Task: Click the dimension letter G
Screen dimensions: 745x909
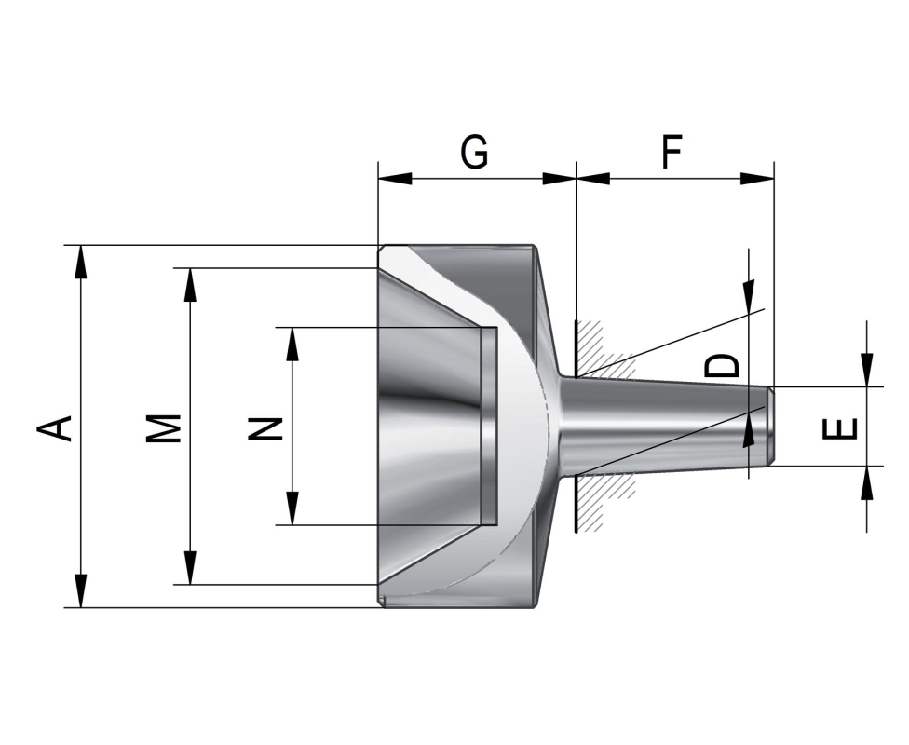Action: coord(474,152)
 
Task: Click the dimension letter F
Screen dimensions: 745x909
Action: coord(672,152)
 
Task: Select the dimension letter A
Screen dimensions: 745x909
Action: coord(55,427)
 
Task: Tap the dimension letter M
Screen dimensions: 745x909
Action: coord(164,427)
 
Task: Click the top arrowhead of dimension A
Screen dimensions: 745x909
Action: coord(82,261)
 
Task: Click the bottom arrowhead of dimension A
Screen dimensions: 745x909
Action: coord(82,592)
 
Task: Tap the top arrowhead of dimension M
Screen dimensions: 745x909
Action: coord(191,284)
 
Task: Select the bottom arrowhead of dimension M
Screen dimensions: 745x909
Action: coord(191,569)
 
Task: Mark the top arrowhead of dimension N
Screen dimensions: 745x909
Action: coord(292,343)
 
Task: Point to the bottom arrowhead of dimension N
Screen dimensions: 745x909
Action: coord(292,509)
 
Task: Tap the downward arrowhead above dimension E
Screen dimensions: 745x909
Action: coord(867,370)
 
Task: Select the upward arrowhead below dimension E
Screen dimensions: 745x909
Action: coord(867,482)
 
